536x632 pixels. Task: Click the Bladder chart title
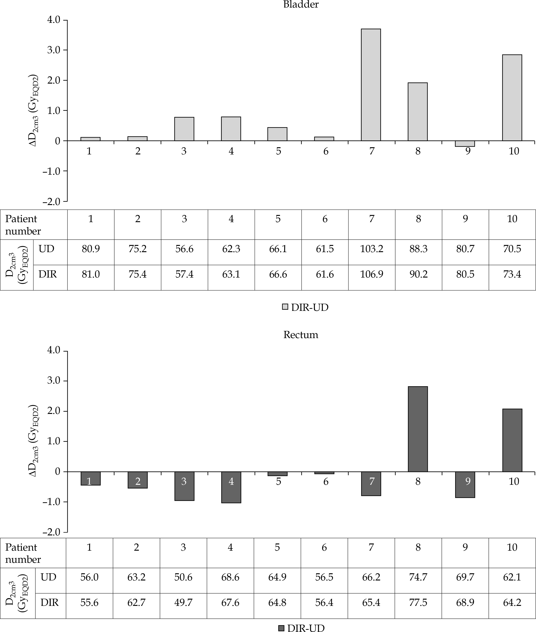(301, 5)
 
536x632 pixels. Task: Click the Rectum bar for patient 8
(418, 429)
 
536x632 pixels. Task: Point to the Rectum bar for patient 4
(231, 487)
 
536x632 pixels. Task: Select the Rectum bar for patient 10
(512, 440)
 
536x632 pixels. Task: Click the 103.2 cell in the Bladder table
(372, 249)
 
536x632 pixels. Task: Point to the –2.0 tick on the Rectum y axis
(51, 532)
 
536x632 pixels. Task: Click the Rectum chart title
(301, 335)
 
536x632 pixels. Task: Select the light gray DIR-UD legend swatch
(285, 307)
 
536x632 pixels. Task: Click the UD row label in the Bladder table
(46, 249)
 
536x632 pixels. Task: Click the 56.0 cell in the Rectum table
(89, 577)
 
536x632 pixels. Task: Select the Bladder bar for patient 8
(418, 112)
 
